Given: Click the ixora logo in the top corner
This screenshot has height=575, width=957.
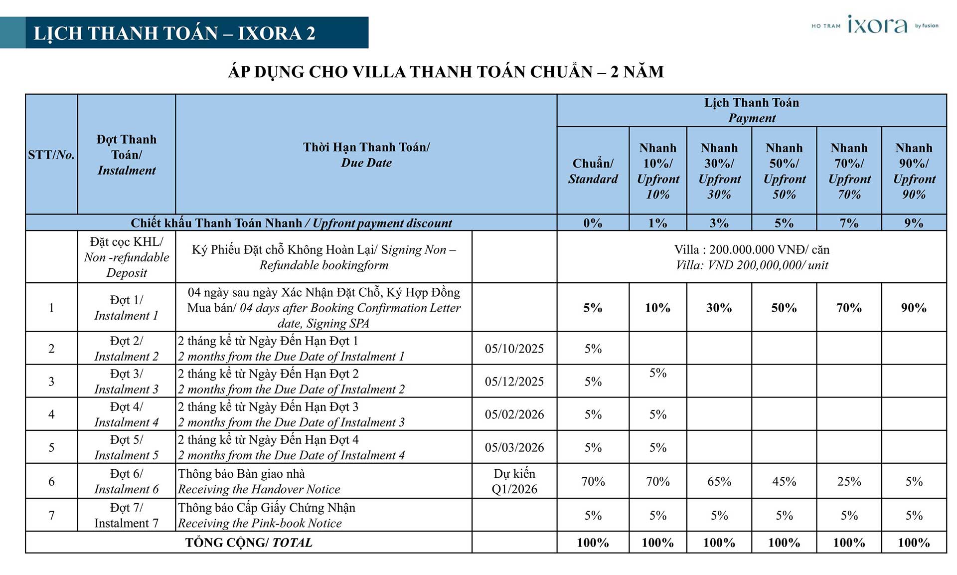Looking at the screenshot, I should pyautogui.click(x=877, y=25).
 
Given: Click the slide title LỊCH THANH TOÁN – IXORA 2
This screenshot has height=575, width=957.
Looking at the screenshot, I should pyautogui.click(x=174, y=33).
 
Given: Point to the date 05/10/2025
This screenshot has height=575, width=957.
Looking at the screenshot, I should pyautogui.click(x=514, y=349).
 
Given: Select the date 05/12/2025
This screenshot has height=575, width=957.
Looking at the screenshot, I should pyautogui.click(x=514, y=382).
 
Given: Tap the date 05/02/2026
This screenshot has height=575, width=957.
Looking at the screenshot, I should pyautogui.click(x=514, y=414).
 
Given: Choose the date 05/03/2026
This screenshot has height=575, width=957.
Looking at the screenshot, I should pyautogui.click(x=514, y=447).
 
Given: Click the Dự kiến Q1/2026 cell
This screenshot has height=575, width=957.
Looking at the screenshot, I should pyautogui.click(x=514, y=481).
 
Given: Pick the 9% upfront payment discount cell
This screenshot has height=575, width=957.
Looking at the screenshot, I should pyautogui.click(x=914, y=223).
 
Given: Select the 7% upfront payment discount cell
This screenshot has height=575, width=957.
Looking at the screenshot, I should pyautogui.click(x=849, y=223).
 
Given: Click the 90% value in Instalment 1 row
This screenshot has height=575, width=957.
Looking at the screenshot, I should pyautogui.click(x=914, y=308).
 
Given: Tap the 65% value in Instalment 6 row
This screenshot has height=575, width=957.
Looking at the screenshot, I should pyautogui.click(x=719, y=481).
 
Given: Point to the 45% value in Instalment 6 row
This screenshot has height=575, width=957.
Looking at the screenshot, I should pyautogui.click(x=784, y=481).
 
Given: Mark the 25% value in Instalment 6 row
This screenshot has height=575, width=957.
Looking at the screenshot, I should pyautogui.click(x=849, y=481).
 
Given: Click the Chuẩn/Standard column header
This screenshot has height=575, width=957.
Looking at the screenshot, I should pyautogui.click(x=593, y=171).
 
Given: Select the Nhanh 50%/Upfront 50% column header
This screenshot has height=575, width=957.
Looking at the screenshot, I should pyautogui.click(x=784, y=171).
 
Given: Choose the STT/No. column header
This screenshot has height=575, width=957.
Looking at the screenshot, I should pyautogui.click(x=51, y=155).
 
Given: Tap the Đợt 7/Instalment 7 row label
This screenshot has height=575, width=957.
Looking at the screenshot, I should pyautogui.click(x=126, y=515).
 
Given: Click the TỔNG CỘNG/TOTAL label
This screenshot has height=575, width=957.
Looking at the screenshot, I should pyautogui.click(x=249, y=543).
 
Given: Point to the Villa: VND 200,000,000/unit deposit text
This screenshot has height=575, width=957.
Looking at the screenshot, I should pyautogui.click(x=751, y=257).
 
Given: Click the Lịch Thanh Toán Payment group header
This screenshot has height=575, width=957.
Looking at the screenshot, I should pyautogui.click(x=751, y=110).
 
